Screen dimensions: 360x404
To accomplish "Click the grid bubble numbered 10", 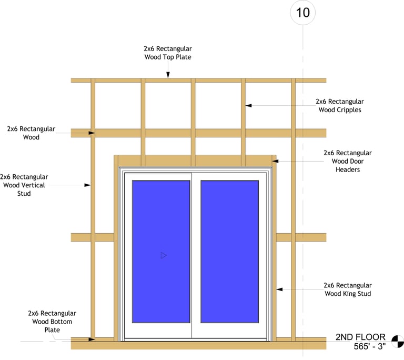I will click(303, 13).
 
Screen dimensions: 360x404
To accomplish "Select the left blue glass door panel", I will click(161, 252).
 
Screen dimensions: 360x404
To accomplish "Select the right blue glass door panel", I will click(229, 252).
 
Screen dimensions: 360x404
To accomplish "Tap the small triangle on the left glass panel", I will click(163, 255).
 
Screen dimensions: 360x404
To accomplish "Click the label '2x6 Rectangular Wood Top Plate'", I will click(167, 53).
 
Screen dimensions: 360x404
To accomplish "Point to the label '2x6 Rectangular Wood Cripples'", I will click(339, 105).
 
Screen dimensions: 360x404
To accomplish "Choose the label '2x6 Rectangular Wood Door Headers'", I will click(347, 161).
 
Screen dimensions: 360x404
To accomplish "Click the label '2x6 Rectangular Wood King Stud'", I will click(347, 289).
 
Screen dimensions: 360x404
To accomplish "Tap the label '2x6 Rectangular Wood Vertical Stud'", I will click(24, 185).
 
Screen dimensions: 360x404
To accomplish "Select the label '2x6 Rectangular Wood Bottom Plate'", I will click(52, 321).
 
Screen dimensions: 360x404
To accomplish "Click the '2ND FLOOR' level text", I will click(360, 337).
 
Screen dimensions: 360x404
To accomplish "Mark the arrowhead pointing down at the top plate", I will click(167, 76).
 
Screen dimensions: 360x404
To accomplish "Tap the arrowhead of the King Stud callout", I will click(280, 289).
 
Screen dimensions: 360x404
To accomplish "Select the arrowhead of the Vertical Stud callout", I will click(89, 185).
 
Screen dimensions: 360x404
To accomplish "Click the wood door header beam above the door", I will click(195, 161).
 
